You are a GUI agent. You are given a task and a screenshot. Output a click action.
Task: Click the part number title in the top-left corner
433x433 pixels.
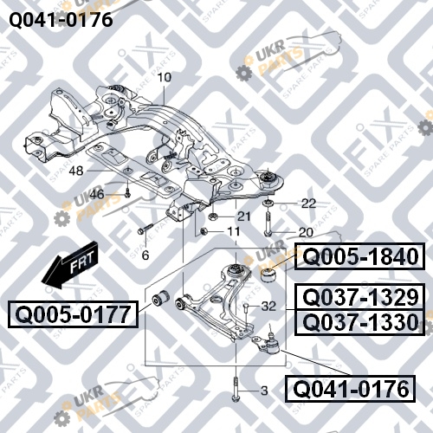pyautogui.click(x=61, y=20)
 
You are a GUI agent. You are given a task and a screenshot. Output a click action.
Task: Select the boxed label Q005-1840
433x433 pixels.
pyautogui.click(x=360, y=256)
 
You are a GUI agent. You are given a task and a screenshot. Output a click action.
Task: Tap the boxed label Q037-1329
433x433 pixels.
pyautogui.click(x=360, y=297)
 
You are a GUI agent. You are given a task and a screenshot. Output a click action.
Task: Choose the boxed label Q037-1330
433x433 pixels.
pyautogui.click(x=360, y=322)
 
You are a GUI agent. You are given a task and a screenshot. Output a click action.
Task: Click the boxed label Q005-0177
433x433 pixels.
pyautogui.click(x=73, y=314)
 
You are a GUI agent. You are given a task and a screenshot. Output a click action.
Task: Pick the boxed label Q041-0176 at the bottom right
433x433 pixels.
pyautogui.click(x=350, y=389)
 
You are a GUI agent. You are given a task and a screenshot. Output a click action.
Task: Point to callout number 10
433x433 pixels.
pyautogui.click(x=165, y=77)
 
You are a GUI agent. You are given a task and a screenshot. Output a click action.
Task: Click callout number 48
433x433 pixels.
pyautogui.click(x=76, y=171)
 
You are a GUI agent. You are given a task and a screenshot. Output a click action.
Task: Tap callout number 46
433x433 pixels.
pyautogui.click(x=96, y=194)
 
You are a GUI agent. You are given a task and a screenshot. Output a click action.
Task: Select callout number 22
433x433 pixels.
pyautogui.click(x=308, y=204)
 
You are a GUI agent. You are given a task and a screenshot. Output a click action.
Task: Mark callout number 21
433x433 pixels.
pyautogui.click(x=243, y=216)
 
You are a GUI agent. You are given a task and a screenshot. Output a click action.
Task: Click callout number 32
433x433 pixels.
pyautogui.click(x=268, y=306)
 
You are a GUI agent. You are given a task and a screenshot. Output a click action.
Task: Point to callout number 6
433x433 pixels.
pyautogui.click(x=145, y=255)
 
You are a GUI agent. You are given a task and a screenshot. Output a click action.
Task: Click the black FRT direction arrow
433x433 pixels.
pyautogui.click(x=70, y=265)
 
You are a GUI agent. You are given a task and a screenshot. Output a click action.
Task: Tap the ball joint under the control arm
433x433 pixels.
pyautogui.click(x=267, y=343)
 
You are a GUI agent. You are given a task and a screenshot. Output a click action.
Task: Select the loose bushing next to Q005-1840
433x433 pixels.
pyautogui.click(x=269, y=276)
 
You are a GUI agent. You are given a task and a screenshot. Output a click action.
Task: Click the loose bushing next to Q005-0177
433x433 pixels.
pyautogui.click(x=161, y=299)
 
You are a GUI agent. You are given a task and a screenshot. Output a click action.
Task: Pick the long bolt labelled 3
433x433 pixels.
pyautogui.click(x=236, y=389)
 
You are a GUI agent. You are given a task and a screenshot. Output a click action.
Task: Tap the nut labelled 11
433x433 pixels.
pyautogui.click(x=204, y=231)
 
